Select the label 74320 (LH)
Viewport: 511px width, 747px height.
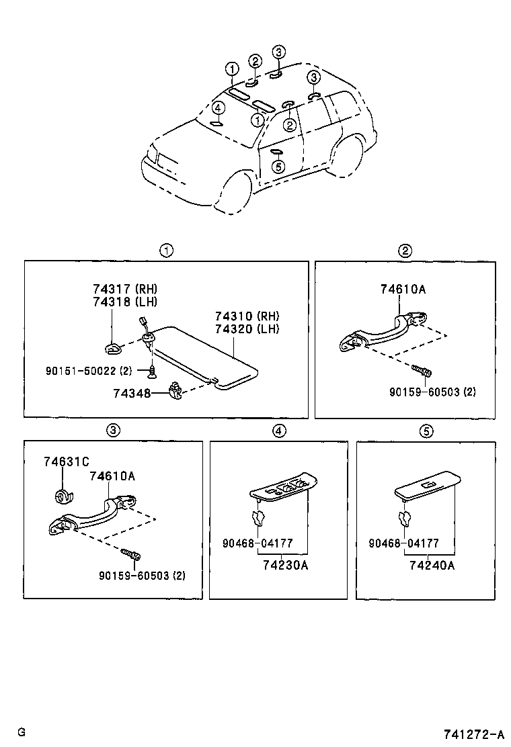247,328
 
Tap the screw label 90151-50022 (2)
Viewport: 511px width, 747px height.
97,370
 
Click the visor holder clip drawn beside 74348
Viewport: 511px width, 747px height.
175,390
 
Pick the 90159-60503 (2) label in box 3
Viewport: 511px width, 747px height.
141,575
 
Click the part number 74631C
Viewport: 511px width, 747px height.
67,462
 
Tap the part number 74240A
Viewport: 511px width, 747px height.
432,565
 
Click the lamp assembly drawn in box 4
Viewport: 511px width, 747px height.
283,487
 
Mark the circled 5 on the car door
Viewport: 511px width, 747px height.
278,167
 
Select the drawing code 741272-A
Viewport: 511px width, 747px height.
473,732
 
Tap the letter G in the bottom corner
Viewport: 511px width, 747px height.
22,732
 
